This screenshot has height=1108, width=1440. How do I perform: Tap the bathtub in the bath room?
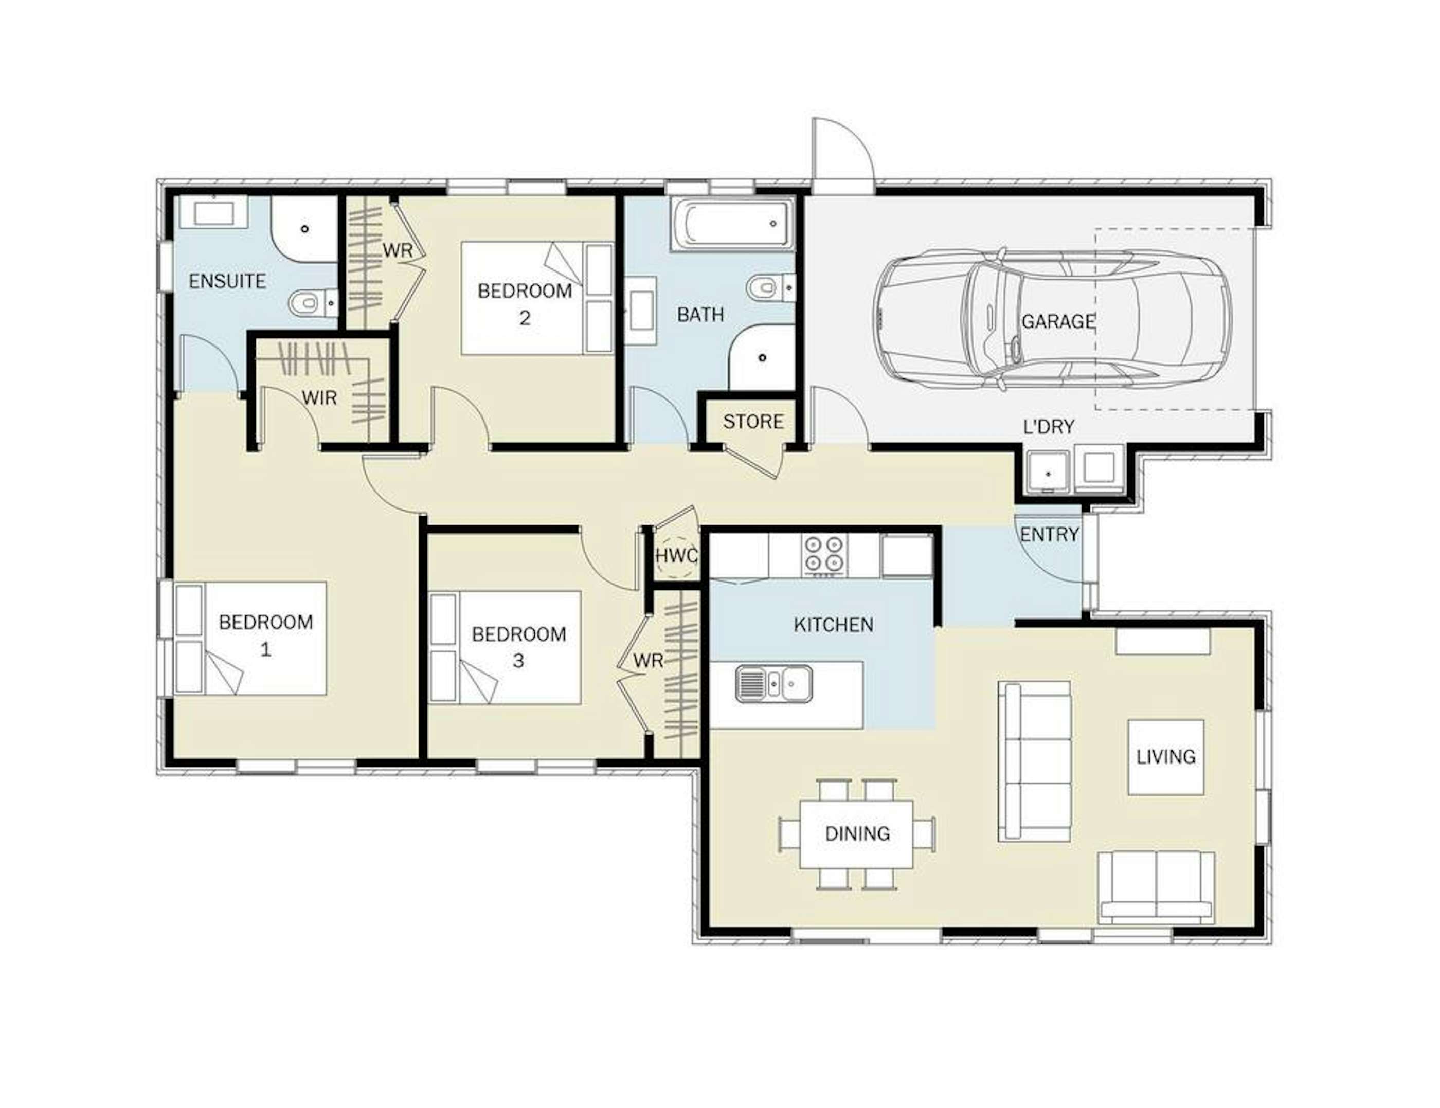point(732,225)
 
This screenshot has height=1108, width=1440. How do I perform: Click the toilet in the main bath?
point(770,287)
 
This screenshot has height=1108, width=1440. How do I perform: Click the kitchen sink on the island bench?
point(773,683)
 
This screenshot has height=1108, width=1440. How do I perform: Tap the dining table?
point(856,834)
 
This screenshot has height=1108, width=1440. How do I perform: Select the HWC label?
point(676,556)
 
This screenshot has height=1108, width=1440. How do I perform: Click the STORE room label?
point(753,421)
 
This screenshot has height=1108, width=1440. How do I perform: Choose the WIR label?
point(319,397)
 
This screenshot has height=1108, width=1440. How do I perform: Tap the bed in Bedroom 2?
point(537,298)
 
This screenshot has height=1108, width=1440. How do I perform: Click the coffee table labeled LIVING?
point(1166,757)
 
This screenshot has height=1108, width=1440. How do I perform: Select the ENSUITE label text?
point(227,281)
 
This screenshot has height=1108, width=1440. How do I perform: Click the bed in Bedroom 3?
point(505,647)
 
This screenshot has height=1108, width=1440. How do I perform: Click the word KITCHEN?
point(834,624)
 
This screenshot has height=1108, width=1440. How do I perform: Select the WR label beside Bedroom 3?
point(648,661)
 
